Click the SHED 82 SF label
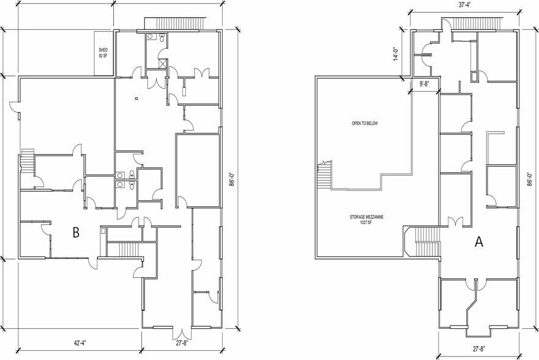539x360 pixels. point(103,53)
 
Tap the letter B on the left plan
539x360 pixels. point(76,233)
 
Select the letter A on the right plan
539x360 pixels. point(479,242)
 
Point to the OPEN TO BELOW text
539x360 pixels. point(365,123)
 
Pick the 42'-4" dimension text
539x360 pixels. point(80,343)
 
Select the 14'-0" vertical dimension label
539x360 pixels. point(396,54)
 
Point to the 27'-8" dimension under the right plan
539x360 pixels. point(478,349)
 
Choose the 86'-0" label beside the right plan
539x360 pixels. point(530,179)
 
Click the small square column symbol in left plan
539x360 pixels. point(136,99)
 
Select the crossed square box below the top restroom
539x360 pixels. point(162,63)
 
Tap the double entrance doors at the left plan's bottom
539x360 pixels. point(182,333)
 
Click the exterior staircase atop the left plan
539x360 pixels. point(176,23)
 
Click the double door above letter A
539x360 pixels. point(455,221)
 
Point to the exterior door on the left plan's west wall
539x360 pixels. point(15,107)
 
